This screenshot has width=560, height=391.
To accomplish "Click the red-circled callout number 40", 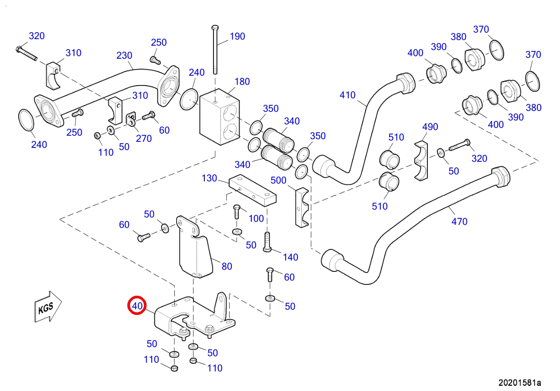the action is pyautogui.click(x=137, y=306).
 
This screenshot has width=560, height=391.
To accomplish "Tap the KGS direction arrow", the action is pyautogui.click(x=47, y=307).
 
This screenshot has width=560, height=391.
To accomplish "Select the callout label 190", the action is pyautogui.click(x=237, y=37).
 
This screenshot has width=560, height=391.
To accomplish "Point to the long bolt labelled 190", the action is pyautogui.click(x=215, y=50).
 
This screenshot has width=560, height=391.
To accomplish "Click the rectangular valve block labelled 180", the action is pyautogui.click(x=220, y=117).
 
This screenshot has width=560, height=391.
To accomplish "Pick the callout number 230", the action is pyautogui.click(x=124, y=56).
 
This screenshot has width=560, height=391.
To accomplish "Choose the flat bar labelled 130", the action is pyautogui.click(x=253, y=190).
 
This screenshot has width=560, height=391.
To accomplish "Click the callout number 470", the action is pyautogui.click(x=459, y=222).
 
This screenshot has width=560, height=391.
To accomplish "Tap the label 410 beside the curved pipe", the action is pyautogui.click(x=347, y=95).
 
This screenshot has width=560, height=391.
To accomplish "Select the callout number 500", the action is pyautogui.click(x=278, y=180).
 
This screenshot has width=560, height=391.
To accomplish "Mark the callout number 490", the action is pyautogui.click(x=430, y=127).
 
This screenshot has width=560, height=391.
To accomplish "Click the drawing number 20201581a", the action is pyautogui.click(x=520, y=383).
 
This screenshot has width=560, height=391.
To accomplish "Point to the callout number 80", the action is pyautogui.click(x=227, y=267).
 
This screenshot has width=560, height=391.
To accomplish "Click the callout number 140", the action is pyautogui.click(x=290, y=257).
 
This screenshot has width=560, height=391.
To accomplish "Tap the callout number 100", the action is pyautogui.click(x=256, y=219).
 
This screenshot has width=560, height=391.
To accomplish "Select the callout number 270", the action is pyautogui.click(x=144, y=139).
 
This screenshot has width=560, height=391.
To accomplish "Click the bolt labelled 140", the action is pyautogui.click(x=267, y=242).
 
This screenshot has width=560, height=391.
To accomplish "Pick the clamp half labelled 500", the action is pyautogui.click(x=302, y=207).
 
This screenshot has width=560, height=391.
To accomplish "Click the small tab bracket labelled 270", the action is pyautogui.click(x=131, y=119).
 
